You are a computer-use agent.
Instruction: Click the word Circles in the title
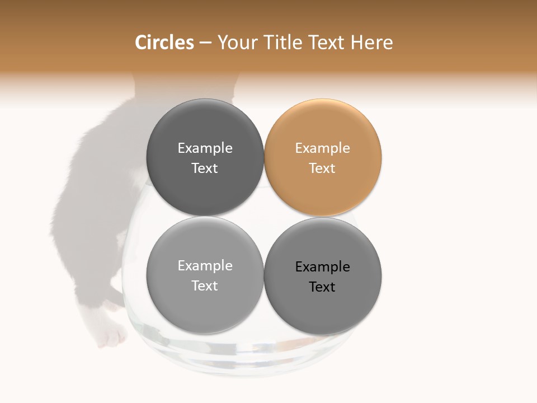164,43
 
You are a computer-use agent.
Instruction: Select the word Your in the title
237,43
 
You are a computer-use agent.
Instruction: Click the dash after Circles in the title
205,43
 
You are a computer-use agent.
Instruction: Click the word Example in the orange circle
322,148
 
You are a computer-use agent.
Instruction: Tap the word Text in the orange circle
322,168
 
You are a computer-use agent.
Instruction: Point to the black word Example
322,267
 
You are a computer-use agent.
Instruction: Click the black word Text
322,287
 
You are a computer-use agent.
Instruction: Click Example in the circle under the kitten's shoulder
205,148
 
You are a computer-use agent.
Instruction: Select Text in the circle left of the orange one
205,168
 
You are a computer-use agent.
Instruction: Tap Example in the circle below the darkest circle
205,266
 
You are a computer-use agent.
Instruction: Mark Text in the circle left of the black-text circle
205,286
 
